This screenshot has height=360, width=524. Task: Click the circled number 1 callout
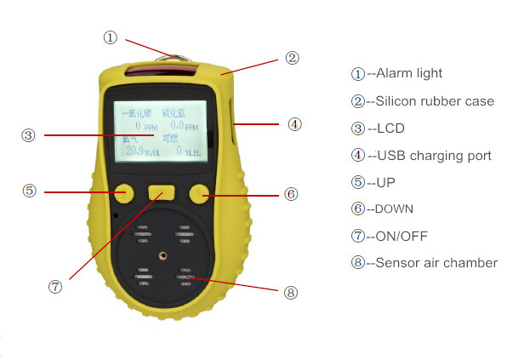[110, 37]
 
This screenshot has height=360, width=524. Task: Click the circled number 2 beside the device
[292, 59]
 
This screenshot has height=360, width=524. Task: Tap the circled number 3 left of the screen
[28, 134]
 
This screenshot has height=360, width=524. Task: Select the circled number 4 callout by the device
[293, 124]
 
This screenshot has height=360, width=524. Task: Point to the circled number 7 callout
[55, 287]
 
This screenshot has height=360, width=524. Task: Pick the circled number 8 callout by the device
[291, 292]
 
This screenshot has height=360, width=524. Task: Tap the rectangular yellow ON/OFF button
[161, 193]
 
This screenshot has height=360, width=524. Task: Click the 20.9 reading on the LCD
[136, 151]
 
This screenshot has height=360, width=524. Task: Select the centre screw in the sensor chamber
[159, 253]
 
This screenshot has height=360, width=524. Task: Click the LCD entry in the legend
[392, 129]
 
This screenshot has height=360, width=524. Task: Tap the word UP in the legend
[386, 182]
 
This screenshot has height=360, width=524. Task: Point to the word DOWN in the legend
[396, 209]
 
